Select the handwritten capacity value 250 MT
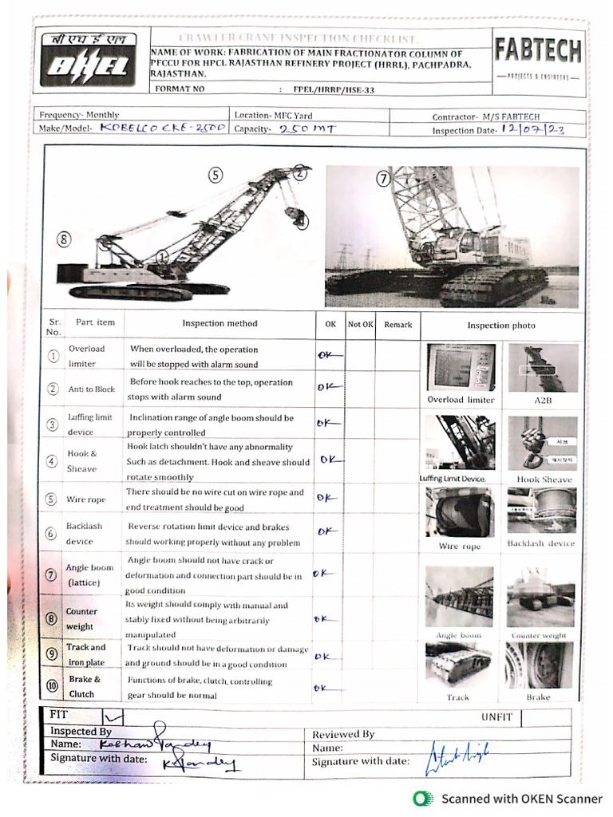click(307, 128)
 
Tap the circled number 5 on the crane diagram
click(216, 176)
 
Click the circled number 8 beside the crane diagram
click(65, 238)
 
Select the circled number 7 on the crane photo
click(383, 180)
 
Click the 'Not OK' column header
click(360, 325)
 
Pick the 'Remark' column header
click(397, 325)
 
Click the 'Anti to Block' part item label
click(92, 389)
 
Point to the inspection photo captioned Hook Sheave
click(544, 443)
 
